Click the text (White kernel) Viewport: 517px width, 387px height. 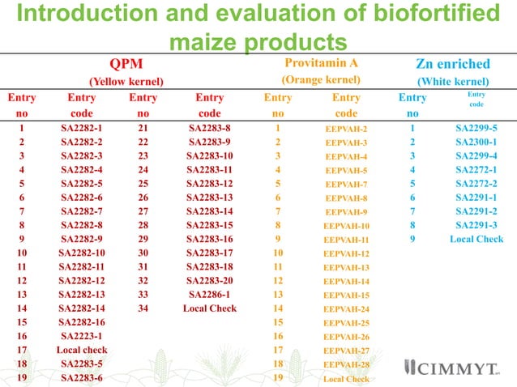(x=452, y=81)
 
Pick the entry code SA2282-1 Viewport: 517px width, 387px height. (x=82, y=128)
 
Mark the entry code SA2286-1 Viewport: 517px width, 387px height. (x=210, y=295)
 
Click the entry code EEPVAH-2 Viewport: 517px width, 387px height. (x=346, y=129)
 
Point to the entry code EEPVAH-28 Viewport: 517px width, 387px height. (x=346, y=365)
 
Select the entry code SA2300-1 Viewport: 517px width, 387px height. (x=476, y=142)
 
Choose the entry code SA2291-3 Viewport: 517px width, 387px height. (x=476, y=225)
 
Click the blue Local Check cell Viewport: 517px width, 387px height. (x=476, y=239)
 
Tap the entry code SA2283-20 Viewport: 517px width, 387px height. (x=210, y=281)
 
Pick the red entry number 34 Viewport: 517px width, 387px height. (x=143, y=308)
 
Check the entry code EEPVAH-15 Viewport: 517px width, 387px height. (x=346, y=296)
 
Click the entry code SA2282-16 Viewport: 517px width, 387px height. (x=82, y=322)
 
